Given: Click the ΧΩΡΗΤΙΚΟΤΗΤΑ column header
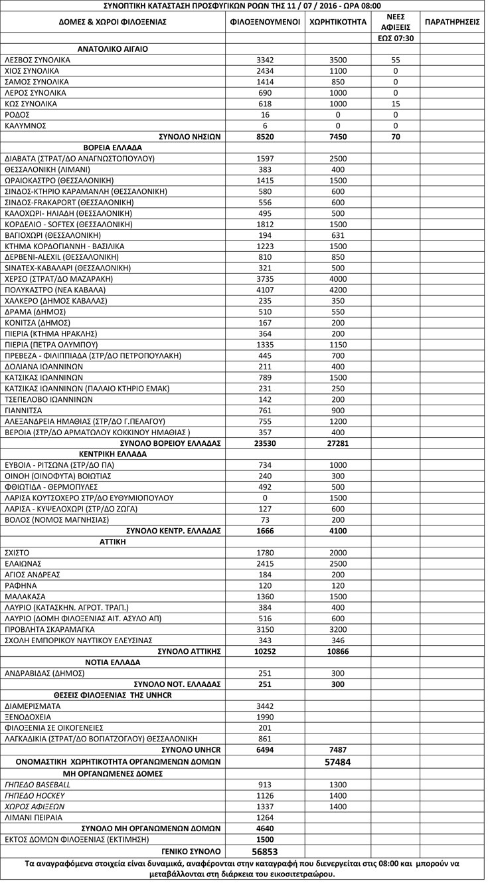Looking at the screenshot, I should point(338,22).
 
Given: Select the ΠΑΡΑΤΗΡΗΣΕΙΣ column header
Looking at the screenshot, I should point(452,22).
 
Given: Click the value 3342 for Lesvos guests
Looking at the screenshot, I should point(265,60).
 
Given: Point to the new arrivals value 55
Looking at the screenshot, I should point(396,60).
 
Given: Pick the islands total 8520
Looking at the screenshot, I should point(265,136).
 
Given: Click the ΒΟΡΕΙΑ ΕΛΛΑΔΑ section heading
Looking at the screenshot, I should point(113,147).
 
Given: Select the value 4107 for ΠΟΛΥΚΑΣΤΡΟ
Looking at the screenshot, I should point(265,290).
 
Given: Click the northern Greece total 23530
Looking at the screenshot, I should point(265,443).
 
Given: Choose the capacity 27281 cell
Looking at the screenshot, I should point(338,443).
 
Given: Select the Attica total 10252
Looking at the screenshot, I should point(265,651).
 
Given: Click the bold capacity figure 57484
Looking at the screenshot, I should point(338,761).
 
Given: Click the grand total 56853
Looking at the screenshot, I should point(265,851).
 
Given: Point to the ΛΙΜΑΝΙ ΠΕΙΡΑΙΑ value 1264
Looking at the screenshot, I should point(265,817).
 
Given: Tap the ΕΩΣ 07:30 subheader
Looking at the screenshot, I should point(396,38).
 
